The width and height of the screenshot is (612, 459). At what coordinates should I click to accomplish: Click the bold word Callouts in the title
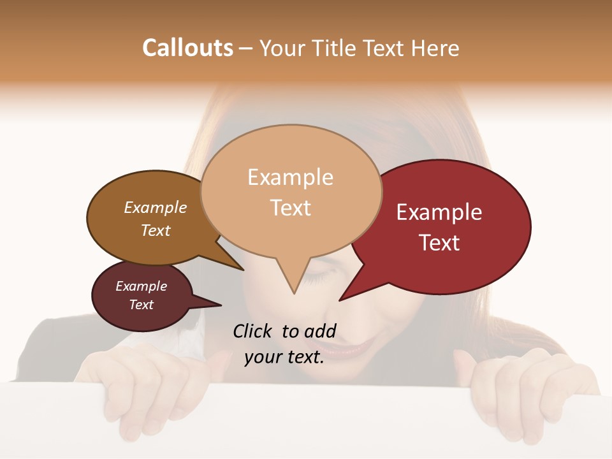click(187, 48)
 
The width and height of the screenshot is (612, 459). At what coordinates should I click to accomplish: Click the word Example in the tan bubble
click(290, 177)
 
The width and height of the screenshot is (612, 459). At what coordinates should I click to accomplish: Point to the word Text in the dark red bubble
click(440, 243)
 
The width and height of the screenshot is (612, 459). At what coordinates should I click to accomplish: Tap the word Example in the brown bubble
click(155, 208)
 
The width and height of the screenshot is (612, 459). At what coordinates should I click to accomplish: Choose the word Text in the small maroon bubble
click(141, 305)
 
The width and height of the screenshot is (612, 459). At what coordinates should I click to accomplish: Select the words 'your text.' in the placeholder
click(284, 358)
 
